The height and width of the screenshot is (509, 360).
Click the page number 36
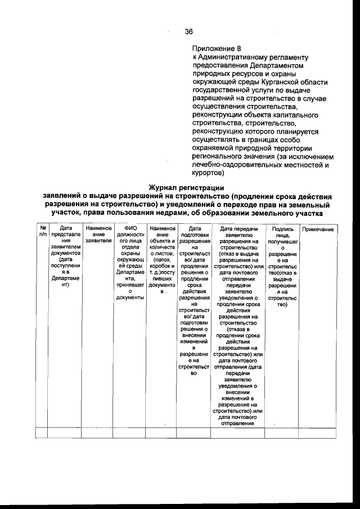(189, 31)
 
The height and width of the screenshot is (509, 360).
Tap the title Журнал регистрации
(186, 187)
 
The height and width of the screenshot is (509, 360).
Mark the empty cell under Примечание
(318, 433)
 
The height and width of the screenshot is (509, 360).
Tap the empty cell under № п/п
(42, 433)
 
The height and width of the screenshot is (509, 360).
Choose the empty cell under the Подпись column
(282, 433)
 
